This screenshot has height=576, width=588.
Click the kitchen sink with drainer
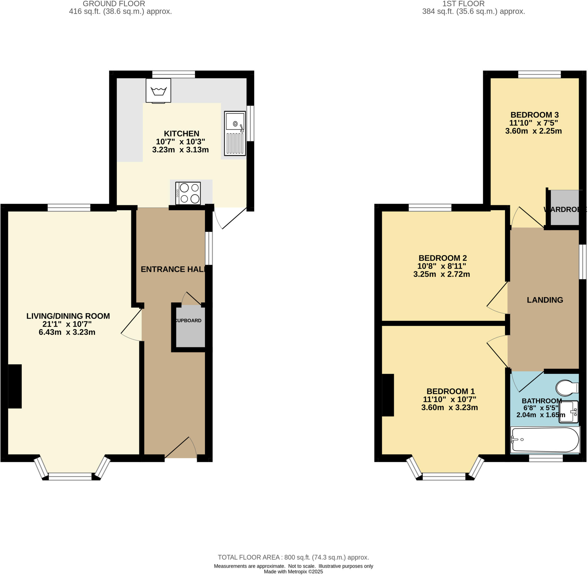(x=235, y=133)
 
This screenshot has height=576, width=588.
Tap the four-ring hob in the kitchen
(x=188, y=193)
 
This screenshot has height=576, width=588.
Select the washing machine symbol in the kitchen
(x=158, y=90)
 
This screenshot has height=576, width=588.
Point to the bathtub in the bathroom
(x=545, y=440)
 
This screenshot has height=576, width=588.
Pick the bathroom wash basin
(x=568, y=412)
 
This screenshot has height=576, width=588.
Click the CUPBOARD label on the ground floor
(x=188, y=321)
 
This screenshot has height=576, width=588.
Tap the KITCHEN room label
(x=181, y=133)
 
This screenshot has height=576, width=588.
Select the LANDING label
(x=545, y=300)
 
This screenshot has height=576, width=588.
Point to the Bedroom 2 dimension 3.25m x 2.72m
(x=441, y=274)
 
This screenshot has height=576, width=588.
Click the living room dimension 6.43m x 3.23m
(x=67, y=332)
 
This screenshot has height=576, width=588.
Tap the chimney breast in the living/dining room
(x=15, y=386)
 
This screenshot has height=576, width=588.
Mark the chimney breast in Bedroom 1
(x=388, y=395)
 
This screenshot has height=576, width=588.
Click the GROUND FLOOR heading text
(x=114, y=4)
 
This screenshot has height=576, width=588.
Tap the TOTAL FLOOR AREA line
(x=293, y=557)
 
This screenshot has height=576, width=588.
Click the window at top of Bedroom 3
(x=539, y=74)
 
